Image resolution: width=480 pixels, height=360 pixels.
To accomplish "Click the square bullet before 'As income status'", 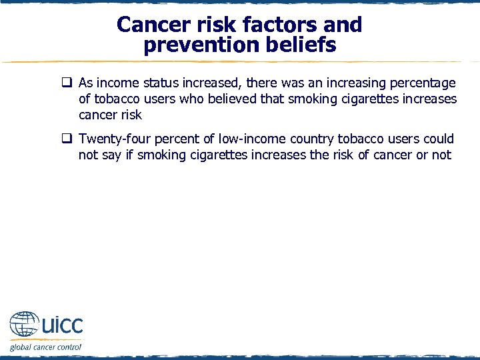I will coord(67,83).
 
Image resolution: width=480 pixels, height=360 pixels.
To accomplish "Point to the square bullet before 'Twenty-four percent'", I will coord(67,139).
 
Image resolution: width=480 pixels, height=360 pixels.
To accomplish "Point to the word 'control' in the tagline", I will coord(68,347).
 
